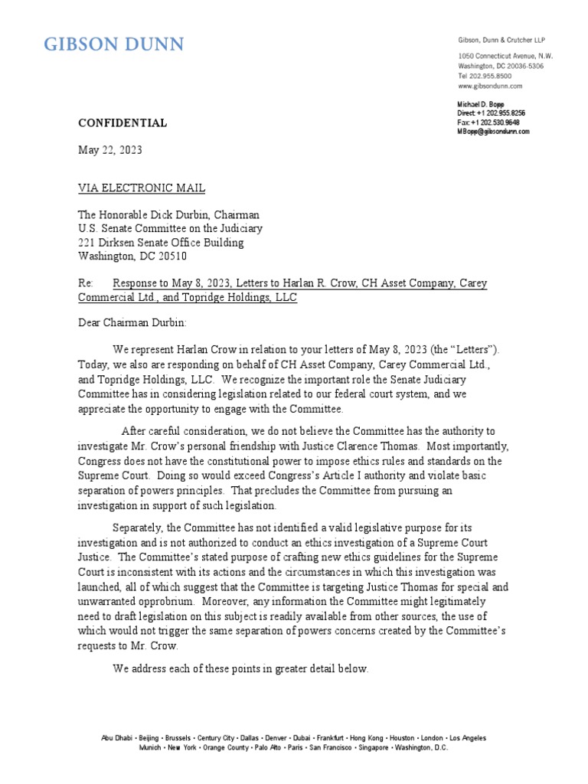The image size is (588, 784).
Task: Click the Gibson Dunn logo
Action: tap(113, 44)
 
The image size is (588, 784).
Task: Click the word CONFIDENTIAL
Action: tap(122, 122)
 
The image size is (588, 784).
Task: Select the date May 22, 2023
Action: tap(109, 150)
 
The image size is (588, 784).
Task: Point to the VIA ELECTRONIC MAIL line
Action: tap(142, 188)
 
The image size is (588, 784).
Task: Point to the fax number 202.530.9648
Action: tap(500, 122)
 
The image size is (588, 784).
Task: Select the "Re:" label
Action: tap(86, 283)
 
